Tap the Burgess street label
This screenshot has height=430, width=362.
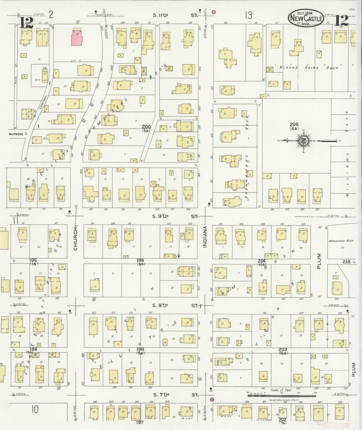click(16, 134)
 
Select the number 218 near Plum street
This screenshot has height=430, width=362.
click(347, 261)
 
